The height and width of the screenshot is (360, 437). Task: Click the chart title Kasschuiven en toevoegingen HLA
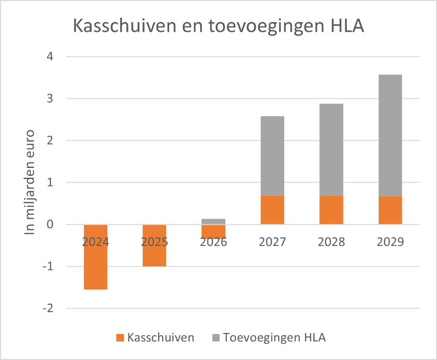[x=218, y=25]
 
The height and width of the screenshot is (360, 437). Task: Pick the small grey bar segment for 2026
[x=213, y=221]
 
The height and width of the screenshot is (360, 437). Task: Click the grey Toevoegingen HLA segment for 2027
[x=272, y=156]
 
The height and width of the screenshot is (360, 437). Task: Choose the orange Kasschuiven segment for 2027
[x=272, y=210]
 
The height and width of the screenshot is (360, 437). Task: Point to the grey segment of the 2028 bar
[x=331, y=149]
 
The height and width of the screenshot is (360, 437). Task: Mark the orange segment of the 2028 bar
[x=331, y=210]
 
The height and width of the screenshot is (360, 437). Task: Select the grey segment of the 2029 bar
[x=390, y=135]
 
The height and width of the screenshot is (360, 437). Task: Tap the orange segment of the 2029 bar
[x=390, y=210]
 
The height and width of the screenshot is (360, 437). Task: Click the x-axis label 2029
[x=390, y=242]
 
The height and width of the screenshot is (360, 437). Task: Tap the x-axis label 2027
[x=272, y=242]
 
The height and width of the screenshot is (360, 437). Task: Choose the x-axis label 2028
[x=331, y=242]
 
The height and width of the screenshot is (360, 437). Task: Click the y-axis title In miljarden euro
[x=30, y=182]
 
